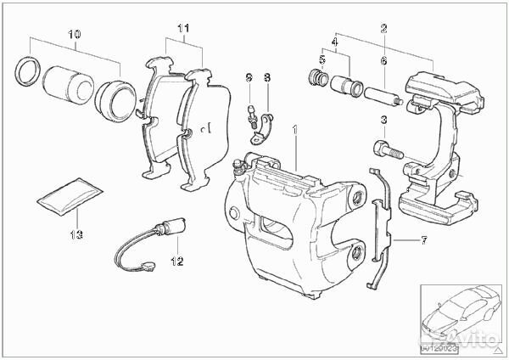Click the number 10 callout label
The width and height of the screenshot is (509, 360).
click(x=74, y=35)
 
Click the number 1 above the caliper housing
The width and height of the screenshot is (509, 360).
click(x=295, y=131)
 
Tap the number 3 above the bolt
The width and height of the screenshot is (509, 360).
click(x=383, y=118)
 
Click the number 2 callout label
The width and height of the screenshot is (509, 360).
click(x=383, y=29)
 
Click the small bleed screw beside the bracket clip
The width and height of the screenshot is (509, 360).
click(x=251, y=113)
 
